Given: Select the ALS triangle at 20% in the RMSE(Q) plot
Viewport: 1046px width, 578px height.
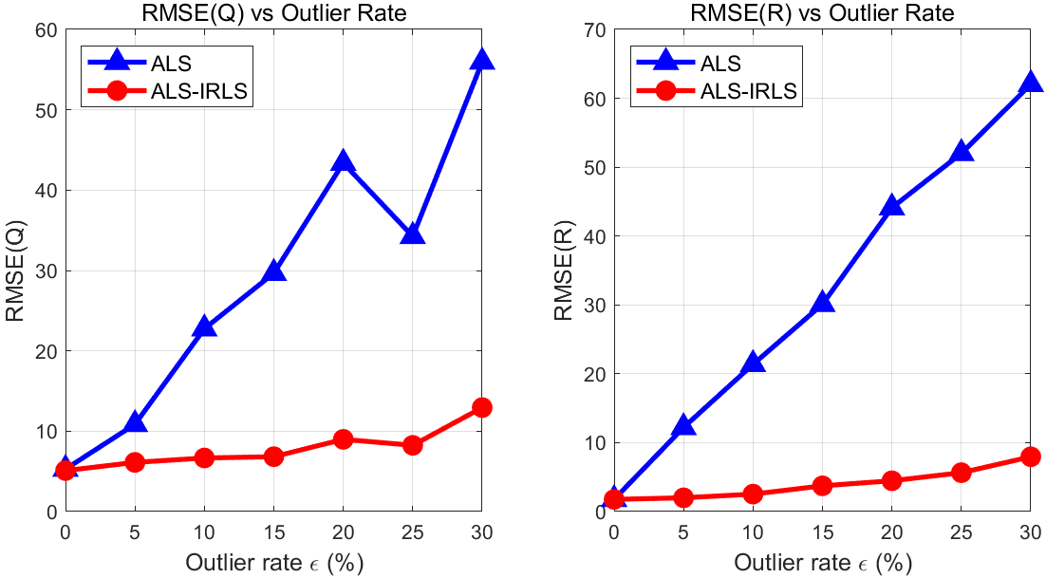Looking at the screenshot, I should (x=343, y=162).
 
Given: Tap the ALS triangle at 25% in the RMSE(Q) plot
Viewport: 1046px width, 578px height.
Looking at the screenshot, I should (x=412, y=234).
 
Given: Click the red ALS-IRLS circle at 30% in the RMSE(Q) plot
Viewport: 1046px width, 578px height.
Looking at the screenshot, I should (x=481, y=407).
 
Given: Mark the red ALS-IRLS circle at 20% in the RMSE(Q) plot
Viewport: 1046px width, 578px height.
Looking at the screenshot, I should (x=343, y=439).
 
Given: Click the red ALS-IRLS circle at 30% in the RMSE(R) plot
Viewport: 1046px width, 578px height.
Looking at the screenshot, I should (x=1030, y=457).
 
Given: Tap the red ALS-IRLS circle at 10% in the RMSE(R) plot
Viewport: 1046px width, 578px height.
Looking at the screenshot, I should (x=753, y=494).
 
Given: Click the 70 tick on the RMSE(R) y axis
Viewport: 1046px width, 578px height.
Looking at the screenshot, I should (x=595, y=29).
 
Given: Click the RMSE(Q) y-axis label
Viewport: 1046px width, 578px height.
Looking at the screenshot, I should (x=16, y=270).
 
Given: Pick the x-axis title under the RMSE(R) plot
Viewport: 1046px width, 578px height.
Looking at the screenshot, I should (x=822, y=561).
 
